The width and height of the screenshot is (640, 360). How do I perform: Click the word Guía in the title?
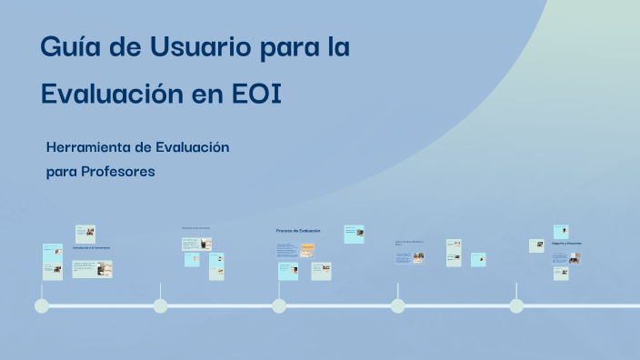point(69,46)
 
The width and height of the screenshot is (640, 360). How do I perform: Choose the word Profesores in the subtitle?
point(117,171)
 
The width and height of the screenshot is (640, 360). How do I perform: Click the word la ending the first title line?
point(338,46)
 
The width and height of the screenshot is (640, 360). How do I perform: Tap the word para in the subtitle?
point(61,172)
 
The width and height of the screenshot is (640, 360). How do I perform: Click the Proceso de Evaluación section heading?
point(298,231)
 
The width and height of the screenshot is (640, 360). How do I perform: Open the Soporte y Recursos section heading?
point(566,244)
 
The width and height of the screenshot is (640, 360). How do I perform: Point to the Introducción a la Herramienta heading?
point(91,247)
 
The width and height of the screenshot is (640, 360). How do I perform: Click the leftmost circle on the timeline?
point(42,305)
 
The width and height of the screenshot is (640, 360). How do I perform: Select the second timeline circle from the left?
point(160,305)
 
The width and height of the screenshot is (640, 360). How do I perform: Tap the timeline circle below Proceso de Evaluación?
point(279,305)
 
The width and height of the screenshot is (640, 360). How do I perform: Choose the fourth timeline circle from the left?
point(397,305)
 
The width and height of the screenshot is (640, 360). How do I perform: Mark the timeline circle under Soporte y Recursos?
point(516,305)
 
